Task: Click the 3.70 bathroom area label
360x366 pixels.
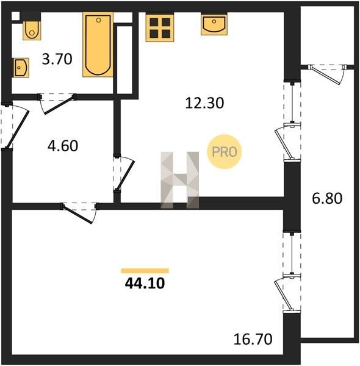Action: (57, 59)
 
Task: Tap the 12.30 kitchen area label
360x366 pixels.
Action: (204, 103)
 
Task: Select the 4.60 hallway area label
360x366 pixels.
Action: (63, 146)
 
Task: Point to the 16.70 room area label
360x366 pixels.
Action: (253, 339)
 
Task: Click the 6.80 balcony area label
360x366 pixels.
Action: (327, 199)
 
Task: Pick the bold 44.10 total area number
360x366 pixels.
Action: (145, 284)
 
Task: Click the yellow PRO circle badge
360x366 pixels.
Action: (225, 152)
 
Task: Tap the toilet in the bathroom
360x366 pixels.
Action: (32, 30)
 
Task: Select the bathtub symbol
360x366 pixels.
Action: (98, 45)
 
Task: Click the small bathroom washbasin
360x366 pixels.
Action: (21, 68)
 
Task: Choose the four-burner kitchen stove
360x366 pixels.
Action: (160, 28)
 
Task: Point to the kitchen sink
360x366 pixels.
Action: (214, 24)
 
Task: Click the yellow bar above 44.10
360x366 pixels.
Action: (145, 271)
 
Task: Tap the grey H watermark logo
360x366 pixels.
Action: (180, 180)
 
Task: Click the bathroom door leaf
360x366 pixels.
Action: (60, 104)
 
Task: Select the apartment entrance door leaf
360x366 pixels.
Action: (18, 129)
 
